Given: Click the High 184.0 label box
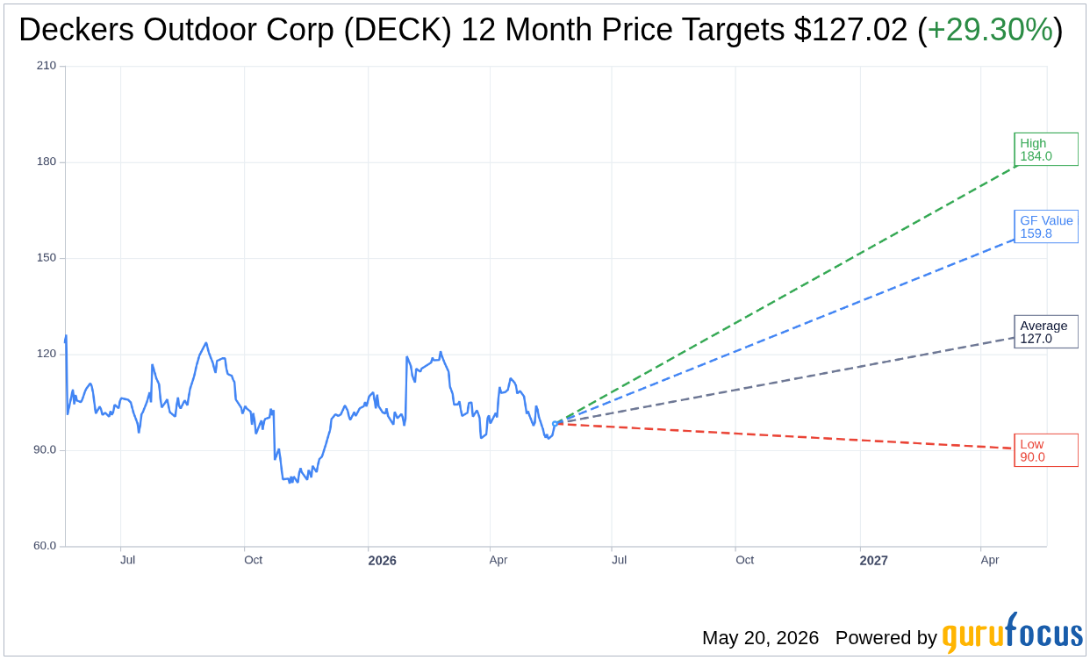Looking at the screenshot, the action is coord(1046,149).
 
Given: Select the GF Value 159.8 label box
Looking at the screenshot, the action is coord(1046,226).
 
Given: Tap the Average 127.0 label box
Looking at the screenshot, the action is coord(1046,332).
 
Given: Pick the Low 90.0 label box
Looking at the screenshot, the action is coord(1046,450).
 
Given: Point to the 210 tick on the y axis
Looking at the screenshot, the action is coord(47,66).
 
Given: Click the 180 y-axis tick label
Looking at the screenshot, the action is coord(47,161).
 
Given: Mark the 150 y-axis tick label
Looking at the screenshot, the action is coord(47,257).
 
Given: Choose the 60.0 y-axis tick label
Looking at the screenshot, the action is coord(45,546).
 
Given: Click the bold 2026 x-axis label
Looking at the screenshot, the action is coord(382,561).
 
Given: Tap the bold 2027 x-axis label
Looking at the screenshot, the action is coord(873,561).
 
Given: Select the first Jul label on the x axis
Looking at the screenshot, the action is coord(127,560).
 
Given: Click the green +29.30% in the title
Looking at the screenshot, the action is coord(990,29).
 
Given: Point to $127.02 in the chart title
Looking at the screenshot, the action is coord(850,29).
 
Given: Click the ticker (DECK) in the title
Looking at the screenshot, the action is coord(398,30).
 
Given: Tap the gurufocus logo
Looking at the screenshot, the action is coord(1012,633).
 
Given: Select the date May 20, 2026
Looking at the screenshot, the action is coord(760,637).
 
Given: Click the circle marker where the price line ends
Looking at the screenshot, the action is coord(555,424).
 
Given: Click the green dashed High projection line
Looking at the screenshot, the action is coord(785,295).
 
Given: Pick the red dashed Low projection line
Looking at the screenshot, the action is coord(785,436).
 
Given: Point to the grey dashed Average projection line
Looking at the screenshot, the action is coord(785,381).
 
